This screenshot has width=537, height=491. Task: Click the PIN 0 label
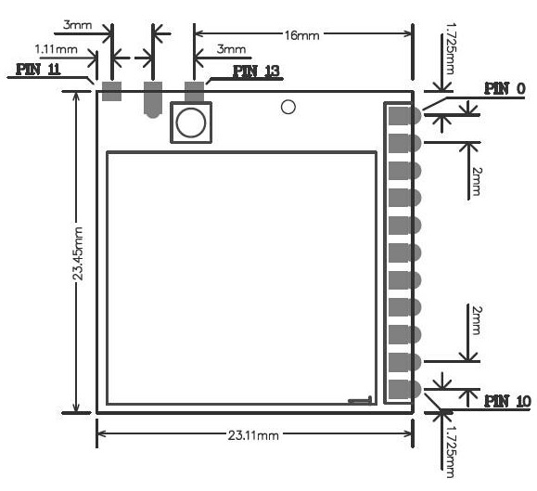coord(505,89)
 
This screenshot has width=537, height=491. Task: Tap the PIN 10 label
coord(507,401)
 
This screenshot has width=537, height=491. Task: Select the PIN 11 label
coord(38,70)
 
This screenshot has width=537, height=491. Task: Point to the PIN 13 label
coord(256,71)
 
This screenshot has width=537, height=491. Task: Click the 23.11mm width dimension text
coord(253,435)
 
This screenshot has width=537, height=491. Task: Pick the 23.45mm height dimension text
coord(79,253)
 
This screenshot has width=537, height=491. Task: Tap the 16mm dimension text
coord(301,35)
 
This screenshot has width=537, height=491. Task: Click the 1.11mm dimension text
coord(57,49)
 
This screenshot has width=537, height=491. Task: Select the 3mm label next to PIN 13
coord(231,49)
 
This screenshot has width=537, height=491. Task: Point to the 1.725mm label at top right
coord(450,48)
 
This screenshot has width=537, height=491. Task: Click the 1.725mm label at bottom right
coord(450,452)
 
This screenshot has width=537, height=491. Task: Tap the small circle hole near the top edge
coord(288,107)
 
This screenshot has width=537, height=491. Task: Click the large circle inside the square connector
coord(190,123)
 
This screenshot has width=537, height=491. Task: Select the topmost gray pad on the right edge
coord(404,116)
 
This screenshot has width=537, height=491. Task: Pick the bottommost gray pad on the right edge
coord(404,389)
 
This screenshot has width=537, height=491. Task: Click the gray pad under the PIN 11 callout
coord(112,91)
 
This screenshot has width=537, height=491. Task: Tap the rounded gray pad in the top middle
coord(153,99)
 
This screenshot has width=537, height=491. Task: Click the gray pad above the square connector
coord(194,92)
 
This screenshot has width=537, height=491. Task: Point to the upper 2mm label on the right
coord(476,182)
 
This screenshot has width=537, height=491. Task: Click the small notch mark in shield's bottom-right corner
coord(360,400)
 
